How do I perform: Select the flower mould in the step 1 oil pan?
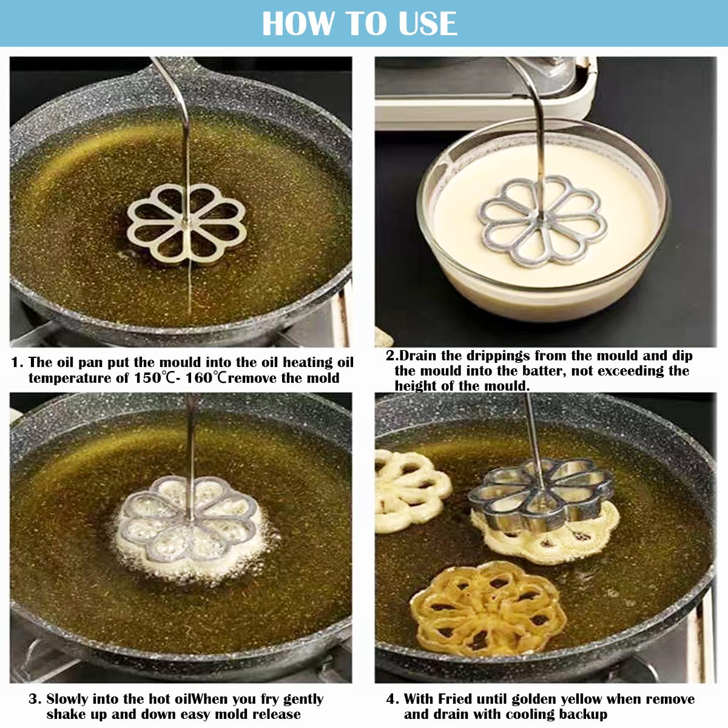[x=187, y=224]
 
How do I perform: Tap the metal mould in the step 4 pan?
[x=541, y=492]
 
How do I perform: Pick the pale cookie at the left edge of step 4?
[x=412, y=491]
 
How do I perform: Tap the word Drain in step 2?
[x=419, y=356]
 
